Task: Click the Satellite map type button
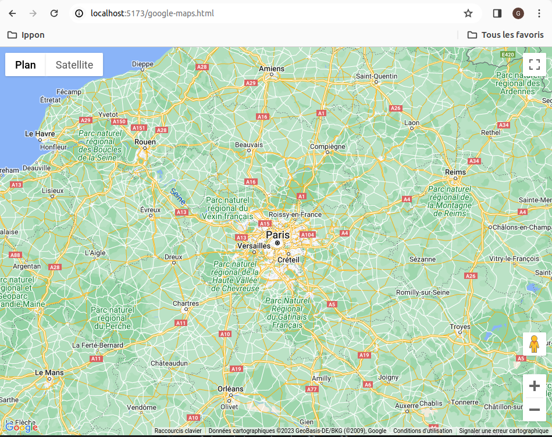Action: click(x=74, y=65)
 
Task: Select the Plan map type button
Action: click(x=26, y=65)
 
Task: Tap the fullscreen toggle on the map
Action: click(x=534, y=65)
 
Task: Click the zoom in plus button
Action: click(x=534, y=386)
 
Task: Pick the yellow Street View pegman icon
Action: click(x=534, y=344)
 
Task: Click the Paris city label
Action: click(x=277, y=235)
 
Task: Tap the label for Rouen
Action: click(x=145, y=142)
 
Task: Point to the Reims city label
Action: click(x=455, y=172)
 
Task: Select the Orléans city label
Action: click(x=230, y=389)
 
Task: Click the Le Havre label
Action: click(x=40, y=134)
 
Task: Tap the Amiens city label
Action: click(x=272, y=69)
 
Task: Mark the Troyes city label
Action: click(x=460, y=327)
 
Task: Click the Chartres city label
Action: click(x=186, y=303)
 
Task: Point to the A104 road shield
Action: click(x=307, y=234)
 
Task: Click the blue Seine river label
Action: click(x=178, y=196)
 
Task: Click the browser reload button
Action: click(x=54, y=13)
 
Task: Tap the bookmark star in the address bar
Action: click(x=468, y=13)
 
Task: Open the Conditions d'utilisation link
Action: click(x=422, y=431)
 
